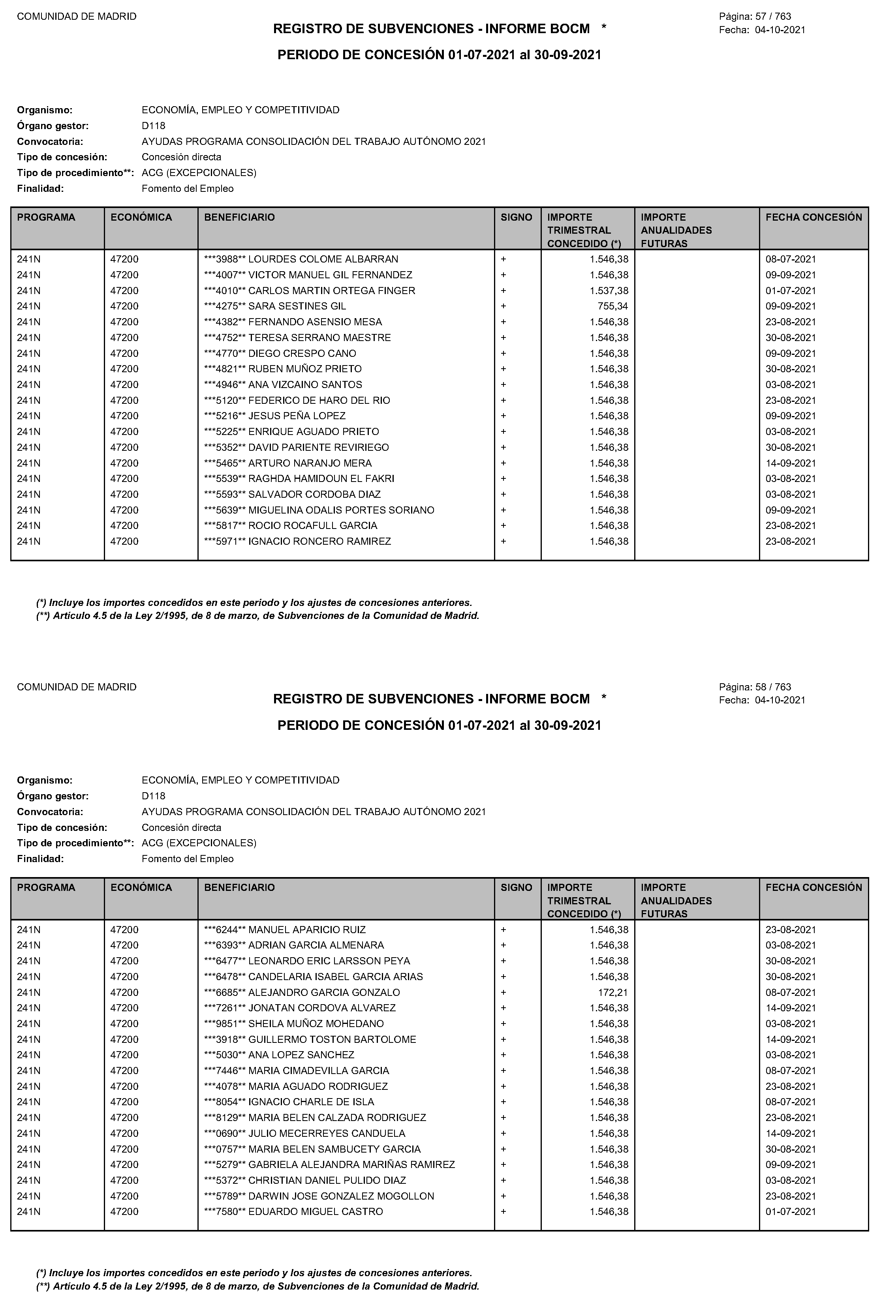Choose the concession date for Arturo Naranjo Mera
point(791,463)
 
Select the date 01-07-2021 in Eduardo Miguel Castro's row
point(791,1212)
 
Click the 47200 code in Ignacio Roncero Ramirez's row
point(124,541)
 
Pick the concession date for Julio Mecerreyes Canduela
point(791,1134)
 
